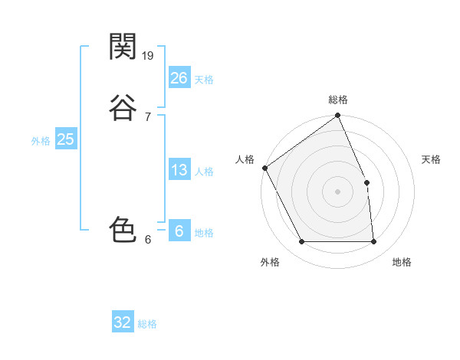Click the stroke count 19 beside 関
pyautogui.click(x=149, y=55)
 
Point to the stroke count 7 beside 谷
pyautogui.click(x=147, y=116)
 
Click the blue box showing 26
pyautogui.click(x=179, y=77)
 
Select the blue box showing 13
pyautogui.click(x=179, y=170)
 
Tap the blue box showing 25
pyautogui.click(x=65, y=139)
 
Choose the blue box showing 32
pyautogui.click(x=123, y=322)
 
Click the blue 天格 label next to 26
pyautogui.click(x=204, y=80)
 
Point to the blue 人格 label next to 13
pyautogui.click(x=204, y=172)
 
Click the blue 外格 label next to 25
pyautogui.click(x=41, y=141)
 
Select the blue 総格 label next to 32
pyautogui.click(x=147, y=324)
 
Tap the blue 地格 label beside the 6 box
pyautogui.click(x=204, y=233)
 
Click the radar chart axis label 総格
pyautogui.click(x=338, y=100)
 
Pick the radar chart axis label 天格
pyautogui.click(x=432, y=159)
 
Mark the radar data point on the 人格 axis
pyautogui.click(x=265, y=168)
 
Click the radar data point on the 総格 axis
pyautogui.click(x=338, y=116)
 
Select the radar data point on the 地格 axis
pyautogui.click(x=373, y=242)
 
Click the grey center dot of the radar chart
pyautogui.click(x=338, y=191)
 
